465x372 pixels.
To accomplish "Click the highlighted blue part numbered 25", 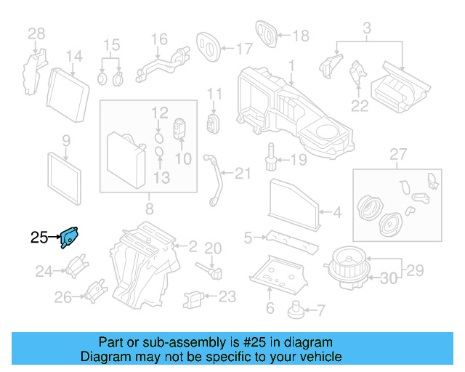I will tap(70, 236).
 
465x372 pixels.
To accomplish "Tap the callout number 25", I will tap(39, 236).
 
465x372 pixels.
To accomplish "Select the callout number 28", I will tap(36, 33).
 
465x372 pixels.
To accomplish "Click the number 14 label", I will tap(74, 57).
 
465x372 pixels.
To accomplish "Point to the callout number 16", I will tap(158, 39).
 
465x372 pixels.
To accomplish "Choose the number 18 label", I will tap(300, 35).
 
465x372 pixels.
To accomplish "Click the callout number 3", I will tap(367, 28).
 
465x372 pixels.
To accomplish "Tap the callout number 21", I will tap(242, 172).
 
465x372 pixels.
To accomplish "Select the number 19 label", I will tap(299, 159).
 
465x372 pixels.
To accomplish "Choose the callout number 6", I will tap(270, 308).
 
